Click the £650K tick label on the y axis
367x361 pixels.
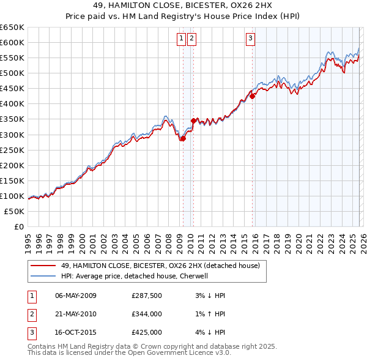coord(12,28)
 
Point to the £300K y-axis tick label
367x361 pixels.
coord(12,135)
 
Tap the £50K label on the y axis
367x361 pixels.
coord(15,211)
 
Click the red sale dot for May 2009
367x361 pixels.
coord(182,138)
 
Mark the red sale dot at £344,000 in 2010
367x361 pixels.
coord(194,121)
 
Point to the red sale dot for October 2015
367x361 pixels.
coord(252,96)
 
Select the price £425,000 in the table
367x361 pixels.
coord(147,332)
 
